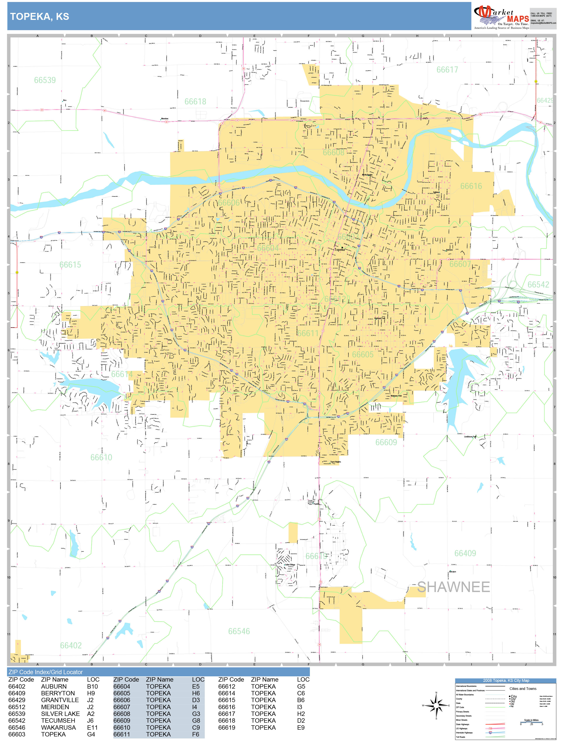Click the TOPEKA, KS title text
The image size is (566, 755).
click(40, 16)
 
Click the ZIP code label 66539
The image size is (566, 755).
click(45, 80)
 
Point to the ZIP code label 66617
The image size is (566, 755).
click(447, 70)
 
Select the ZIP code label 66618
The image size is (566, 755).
click(195, 102)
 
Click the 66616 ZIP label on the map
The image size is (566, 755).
click(471, 186)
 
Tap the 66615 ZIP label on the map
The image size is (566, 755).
click(70, 265)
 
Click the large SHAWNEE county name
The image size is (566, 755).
click(453, 587)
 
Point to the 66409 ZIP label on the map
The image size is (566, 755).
click(465, 553)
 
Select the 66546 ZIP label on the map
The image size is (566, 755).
click(239, 631)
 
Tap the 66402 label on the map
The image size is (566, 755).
click(71, 645)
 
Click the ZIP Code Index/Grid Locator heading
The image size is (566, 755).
click(46, 672)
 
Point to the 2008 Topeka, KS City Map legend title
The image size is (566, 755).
click(506, 680)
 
